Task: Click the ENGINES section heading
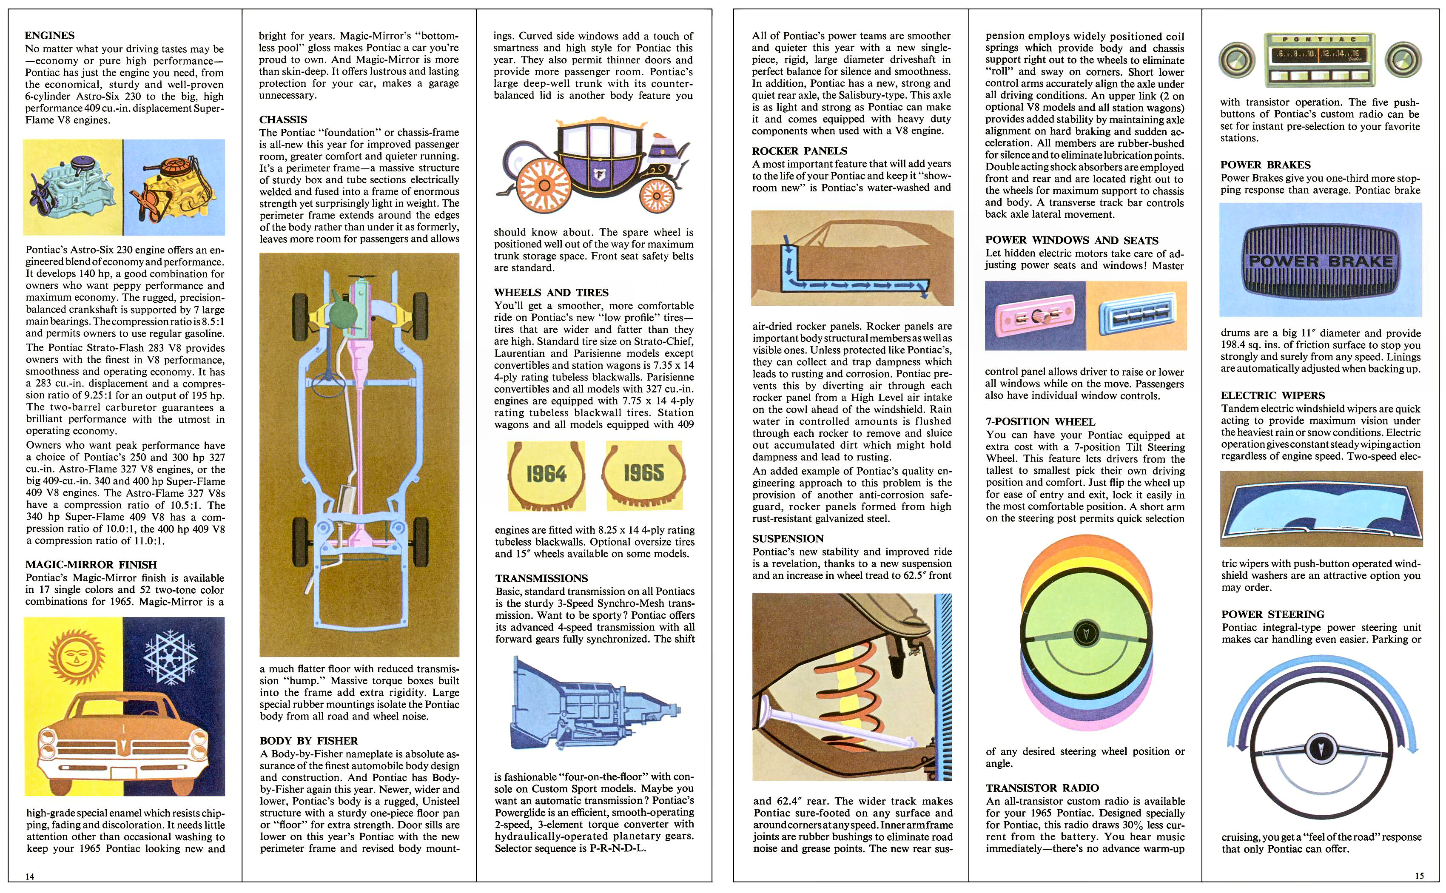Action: pyautogui.click(x=50, y=35)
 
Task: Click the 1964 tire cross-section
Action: pyautogui.click(x=546, y=475)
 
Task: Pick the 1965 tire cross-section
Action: pyautogui.click(x=643, y=474)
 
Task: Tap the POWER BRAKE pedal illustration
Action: pyautogui.click(x=1320, y=260)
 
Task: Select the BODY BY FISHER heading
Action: pyautogui.click(x=308, y=741)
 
